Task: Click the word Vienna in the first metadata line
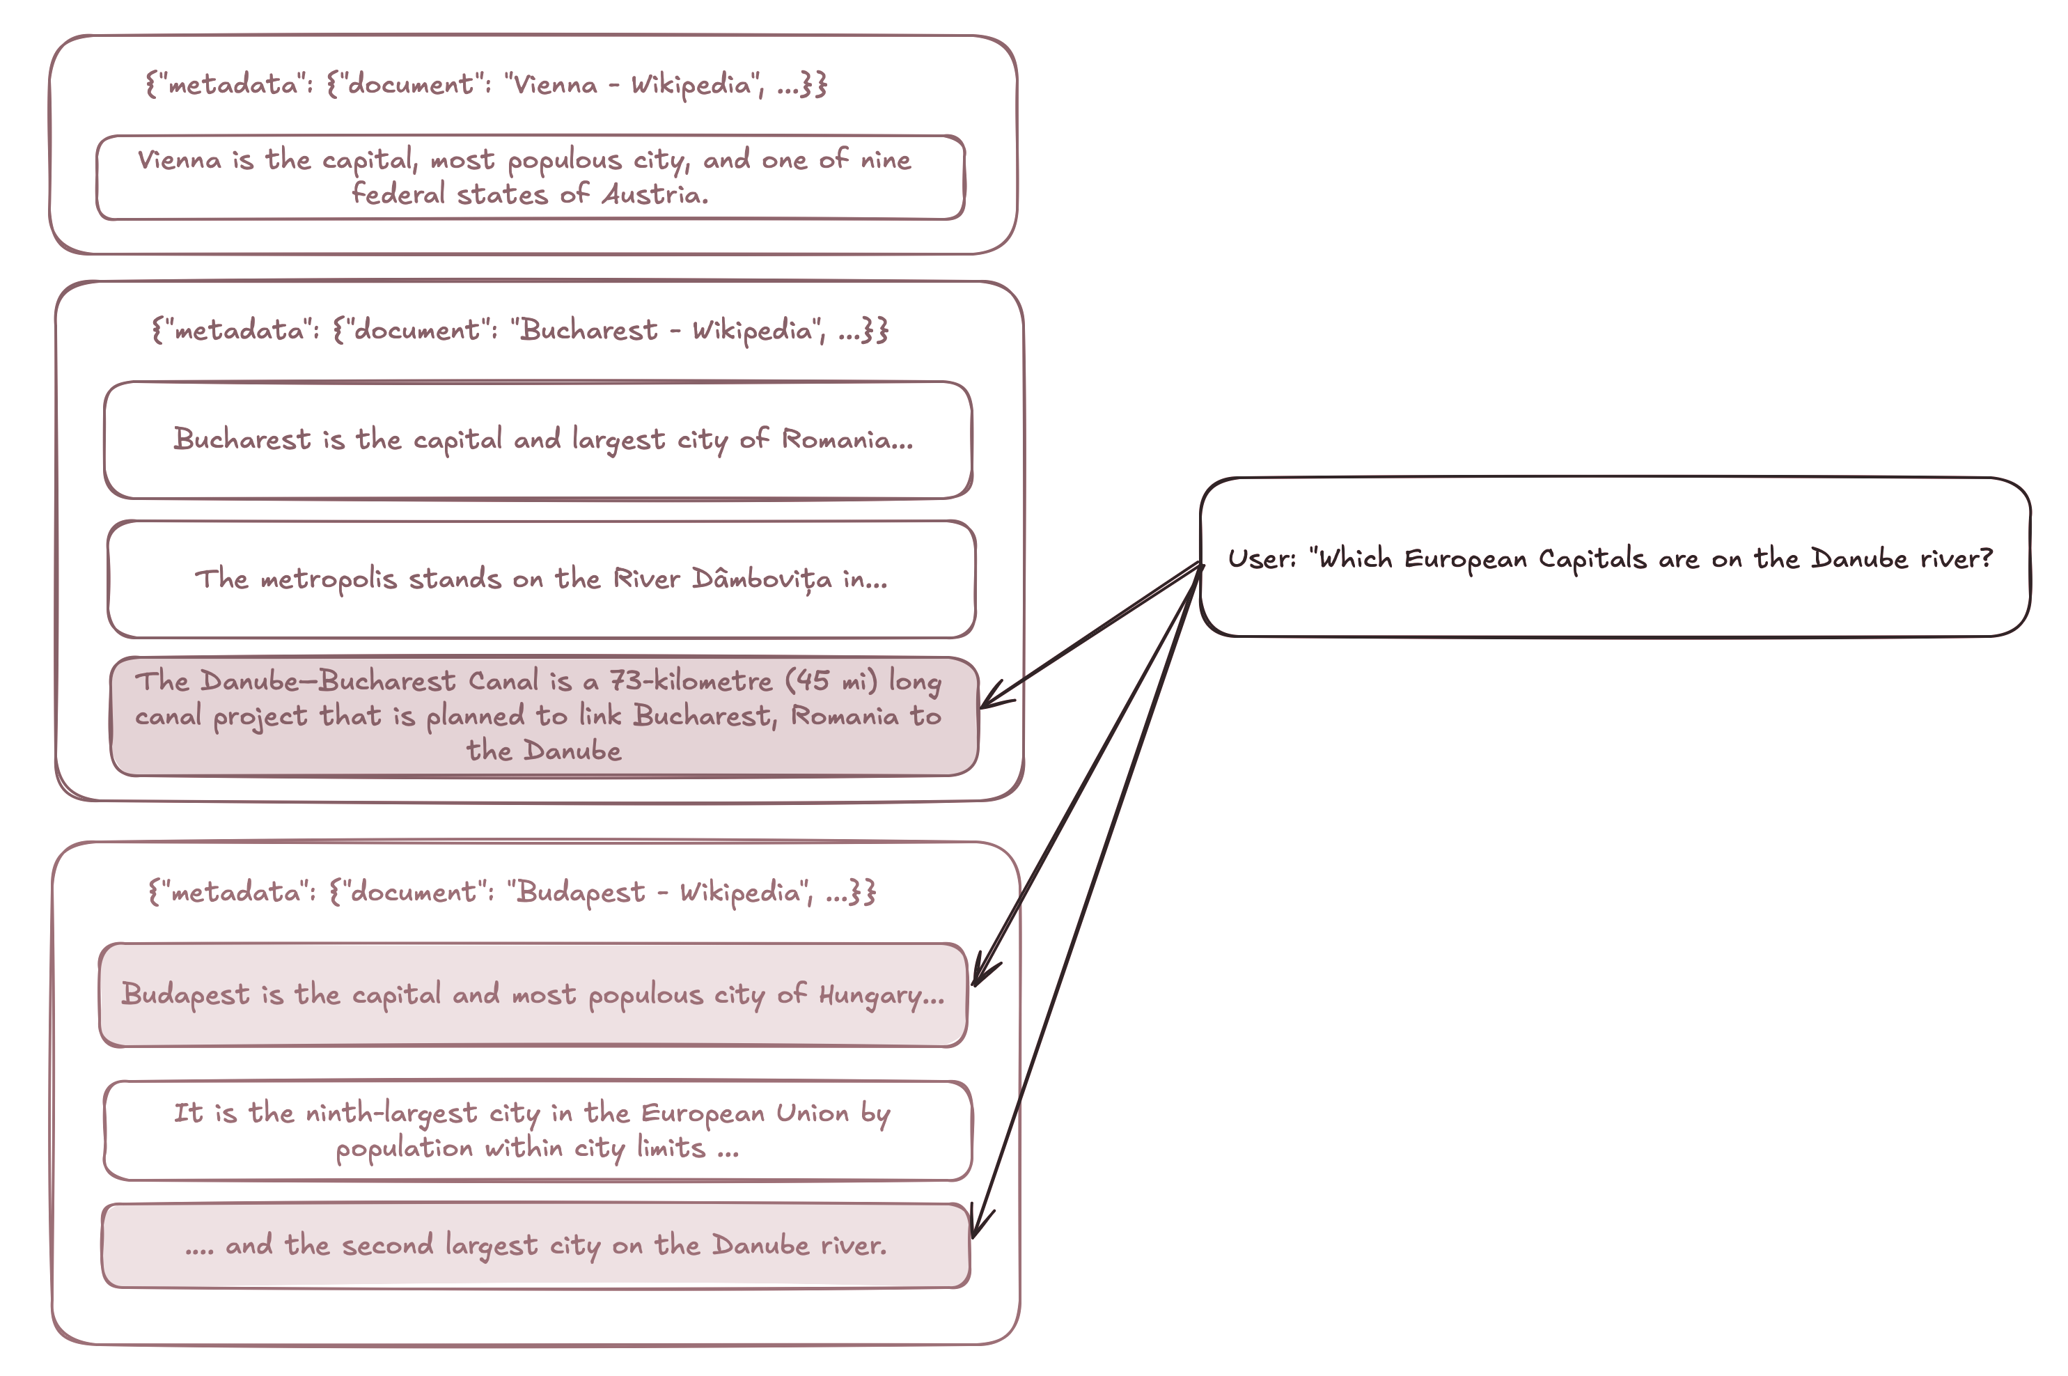[554, 84]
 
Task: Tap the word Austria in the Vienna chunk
[655, 194]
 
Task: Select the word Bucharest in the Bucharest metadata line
[588, 330]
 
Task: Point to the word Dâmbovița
[762, 579]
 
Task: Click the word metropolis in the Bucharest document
[328, 579]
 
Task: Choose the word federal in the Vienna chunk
[398, 194]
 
